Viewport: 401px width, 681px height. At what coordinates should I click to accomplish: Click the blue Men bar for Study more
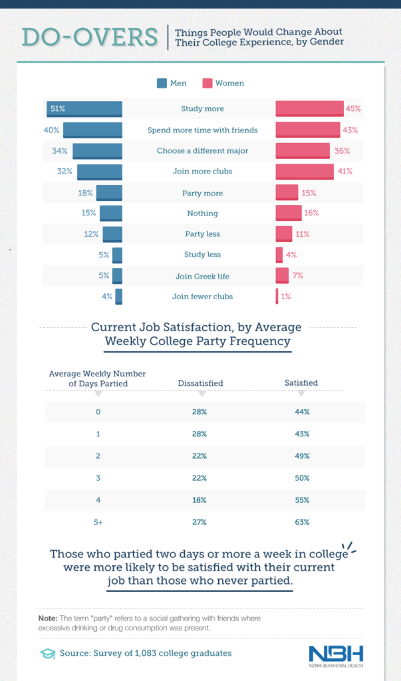click(x=84, y=109)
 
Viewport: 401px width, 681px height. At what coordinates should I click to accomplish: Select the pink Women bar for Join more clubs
click(x=305, y=172)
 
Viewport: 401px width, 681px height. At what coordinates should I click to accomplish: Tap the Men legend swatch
click(x=162, y=84)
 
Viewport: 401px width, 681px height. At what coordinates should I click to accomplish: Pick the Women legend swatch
click(x=207, y=84)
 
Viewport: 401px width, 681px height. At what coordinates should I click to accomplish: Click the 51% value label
click(x=57, y=108)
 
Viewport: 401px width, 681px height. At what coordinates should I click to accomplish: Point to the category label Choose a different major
click(x=202, y=151)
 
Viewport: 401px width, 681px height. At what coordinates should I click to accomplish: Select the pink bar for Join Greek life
click(x=282, y=275)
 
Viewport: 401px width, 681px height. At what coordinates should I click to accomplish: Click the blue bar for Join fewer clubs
click(x=118, y=297)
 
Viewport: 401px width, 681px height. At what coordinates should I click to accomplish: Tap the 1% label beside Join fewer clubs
click(x=286, y=297)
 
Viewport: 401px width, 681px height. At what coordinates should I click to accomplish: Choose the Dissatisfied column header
click(x=200, y=384)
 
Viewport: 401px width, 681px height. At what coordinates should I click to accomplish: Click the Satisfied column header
click(x=301, y=383)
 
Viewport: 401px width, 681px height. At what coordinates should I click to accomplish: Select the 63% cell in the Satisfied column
click(x=301, y=522)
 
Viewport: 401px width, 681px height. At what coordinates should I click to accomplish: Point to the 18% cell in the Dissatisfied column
click(x=199, y=500)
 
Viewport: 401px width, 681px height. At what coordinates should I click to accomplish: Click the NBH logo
click(x=336, y=654)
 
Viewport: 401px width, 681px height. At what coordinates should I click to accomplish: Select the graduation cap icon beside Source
click(x=47, y=653)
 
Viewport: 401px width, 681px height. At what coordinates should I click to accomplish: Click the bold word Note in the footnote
click(x=47, y=618)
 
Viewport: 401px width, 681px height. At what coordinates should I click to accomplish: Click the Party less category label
click(x=202, y=234)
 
